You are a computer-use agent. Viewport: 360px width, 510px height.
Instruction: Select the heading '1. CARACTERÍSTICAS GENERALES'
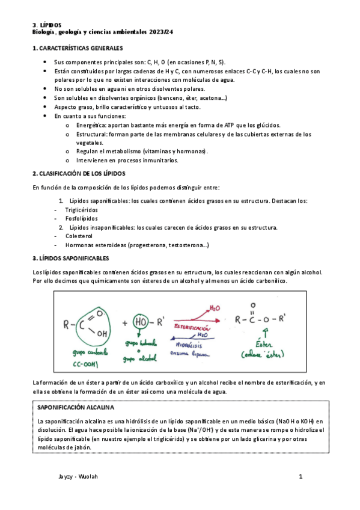tap(78, 48)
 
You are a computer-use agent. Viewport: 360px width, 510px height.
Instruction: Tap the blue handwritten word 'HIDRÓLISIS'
tap(191, 346)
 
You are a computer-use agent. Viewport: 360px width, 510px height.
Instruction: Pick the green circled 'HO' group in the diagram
tap(143, 324)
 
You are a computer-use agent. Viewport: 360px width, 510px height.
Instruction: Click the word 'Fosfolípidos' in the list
tap(82, 218)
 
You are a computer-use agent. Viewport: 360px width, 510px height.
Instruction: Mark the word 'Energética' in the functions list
tap(91, 125)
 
